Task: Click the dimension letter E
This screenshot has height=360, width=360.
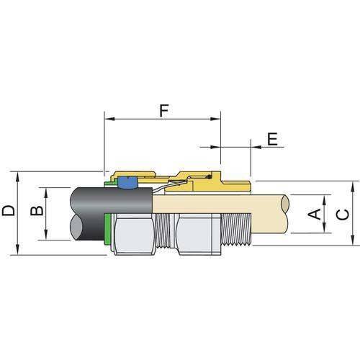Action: pos(271,139)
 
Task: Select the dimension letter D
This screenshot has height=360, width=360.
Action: pos(9,211)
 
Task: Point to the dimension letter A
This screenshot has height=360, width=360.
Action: pos(314,213)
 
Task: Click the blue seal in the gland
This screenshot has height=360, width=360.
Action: pos(130,183)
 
